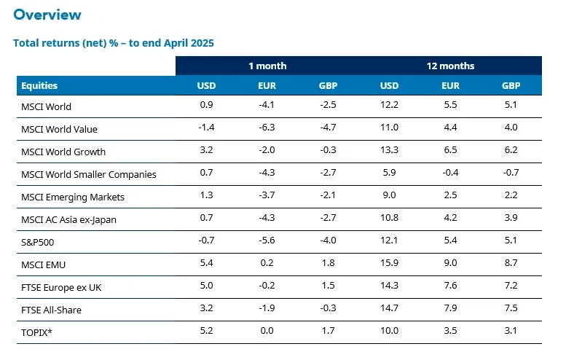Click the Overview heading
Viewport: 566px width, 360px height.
pos(47,15)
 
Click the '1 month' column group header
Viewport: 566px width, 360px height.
pos(267,66)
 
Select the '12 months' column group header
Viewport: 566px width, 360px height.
pos(450,66)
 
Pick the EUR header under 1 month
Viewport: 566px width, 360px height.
pos(267,85)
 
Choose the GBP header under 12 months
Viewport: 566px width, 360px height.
pos(511,85)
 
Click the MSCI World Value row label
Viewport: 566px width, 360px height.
pos(60,129)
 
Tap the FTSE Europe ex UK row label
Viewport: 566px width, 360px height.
pos(62,287)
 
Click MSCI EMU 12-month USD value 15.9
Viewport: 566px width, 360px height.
pos(389,265)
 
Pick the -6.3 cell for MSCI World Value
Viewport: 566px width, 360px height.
pos(267,129)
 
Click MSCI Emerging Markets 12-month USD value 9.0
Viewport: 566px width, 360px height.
pos(389,197)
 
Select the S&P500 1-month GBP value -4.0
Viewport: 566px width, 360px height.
pos(328,242)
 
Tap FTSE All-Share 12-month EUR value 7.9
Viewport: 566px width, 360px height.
pos(450,310)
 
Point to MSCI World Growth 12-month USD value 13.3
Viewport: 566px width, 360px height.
pos(389,152)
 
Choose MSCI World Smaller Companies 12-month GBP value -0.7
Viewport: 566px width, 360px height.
pos(511,174)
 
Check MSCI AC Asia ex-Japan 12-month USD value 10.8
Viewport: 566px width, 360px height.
pos(389,219)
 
